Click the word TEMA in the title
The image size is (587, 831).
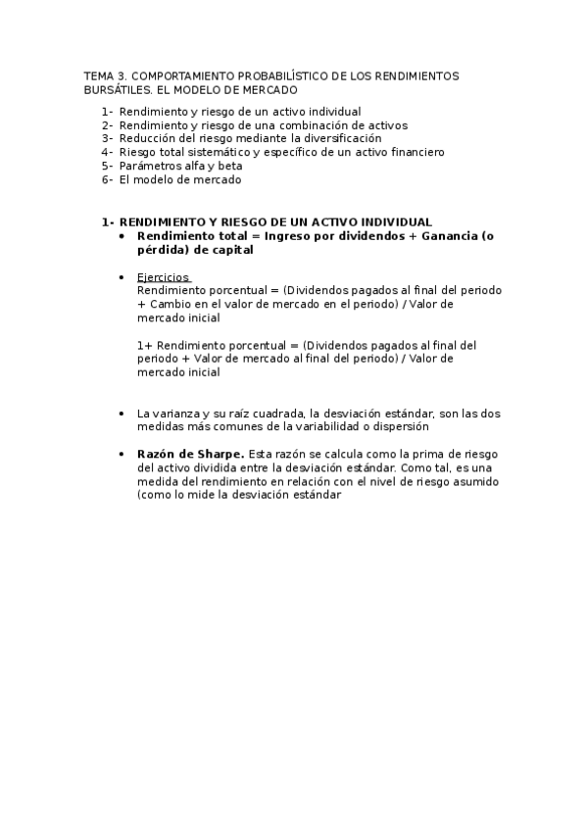click(x=99, y=75)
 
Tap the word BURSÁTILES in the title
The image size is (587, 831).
click(x=117, y=89)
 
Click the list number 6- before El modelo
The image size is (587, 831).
click(x=107, y=180)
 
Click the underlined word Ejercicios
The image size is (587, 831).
click(x=164, y=277)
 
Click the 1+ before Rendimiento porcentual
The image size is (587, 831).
click(x=145, y=346)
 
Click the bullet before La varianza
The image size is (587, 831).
click(x=121, y=414)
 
